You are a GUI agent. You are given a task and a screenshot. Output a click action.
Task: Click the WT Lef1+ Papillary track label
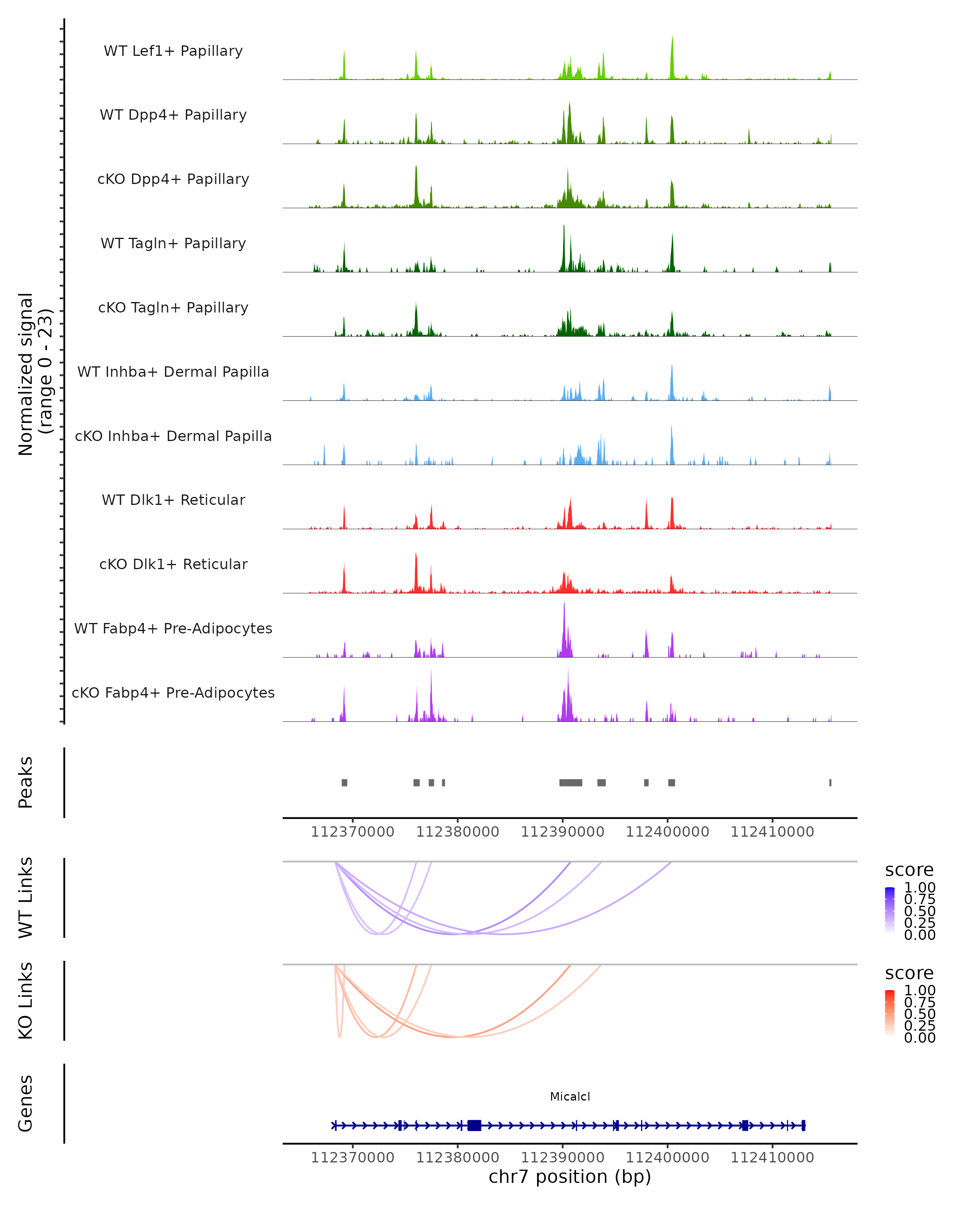click(x=173, y=51)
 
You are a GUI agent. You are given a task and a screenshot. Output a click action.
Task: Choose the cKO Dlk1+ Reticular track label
click(x=173, y=564)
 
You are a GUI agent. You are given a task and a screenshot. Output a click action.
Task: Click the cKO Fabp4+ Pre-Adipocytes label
click(x=173, y=692)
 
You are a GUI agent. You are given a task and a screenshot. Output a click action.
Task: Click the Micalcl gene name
click(x=570, y=1096)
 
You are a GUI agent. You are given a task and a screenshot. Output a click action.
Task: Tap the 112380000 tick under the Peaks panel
click(x=457, y=832)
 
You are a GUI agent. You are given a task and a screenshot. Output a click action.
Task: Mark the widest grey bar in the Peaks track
click(x=571, y=782)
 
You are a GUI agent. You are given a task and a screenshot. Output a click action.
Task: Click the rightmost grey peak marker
click(x=830, y=782)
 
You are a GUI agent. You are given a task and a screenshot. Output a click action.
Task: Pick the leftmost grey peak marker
click(x=344, y=782)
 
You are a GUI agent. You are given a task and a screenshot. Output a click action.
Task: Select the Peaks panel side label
click(x=26, y=782)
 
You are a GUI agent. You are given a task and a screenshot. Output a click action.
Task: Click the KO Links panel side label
click(x=26, y=1001)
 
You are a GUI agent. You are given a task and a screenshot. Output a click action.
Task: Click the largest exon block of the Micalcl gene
click(x=474, y=1125)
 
